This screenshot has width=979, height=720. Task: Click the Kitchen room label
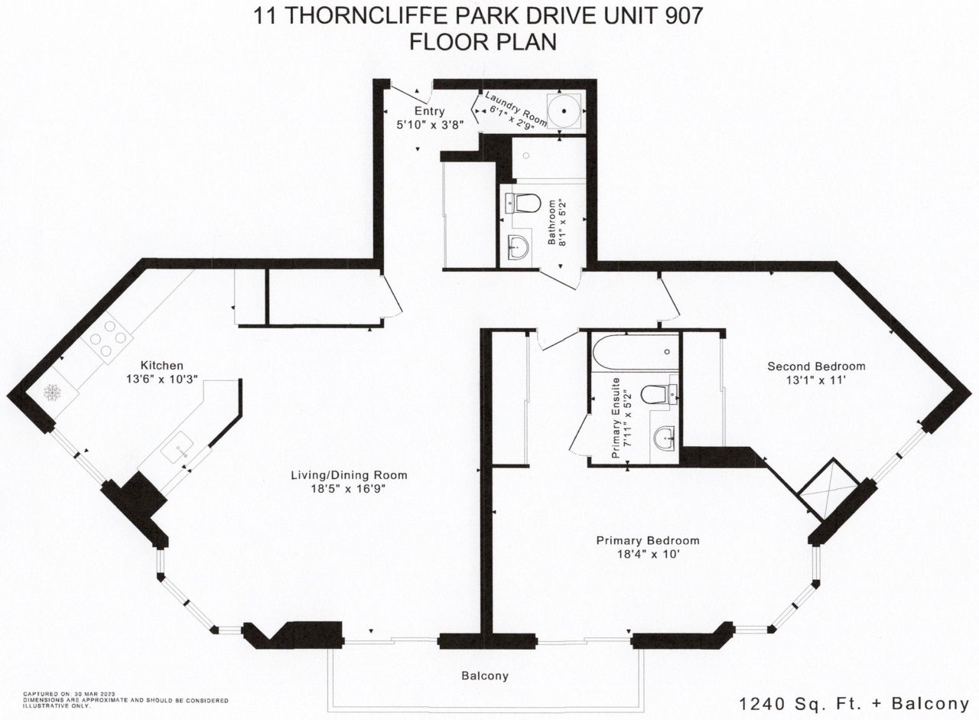pos(161,365)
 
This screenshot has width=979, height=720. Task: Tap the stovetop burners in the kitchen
pos(108,338)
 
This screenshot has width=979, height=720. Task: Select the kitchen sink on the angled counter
pos(177,447)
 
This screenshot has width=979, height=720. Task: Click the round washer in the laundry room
pos(564,111)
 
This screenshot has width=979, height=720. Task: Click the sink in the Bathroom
pos(519,248)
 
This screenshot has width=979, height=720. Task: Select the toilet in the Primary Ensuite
pos(659,395)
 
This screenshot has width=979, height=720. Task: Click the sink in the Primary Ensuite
pos(665,438)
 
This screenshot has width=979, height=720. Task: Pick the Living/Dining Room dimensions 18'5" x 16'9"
pos(348,489)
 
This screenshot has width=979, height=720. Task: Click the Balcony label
pos(485,676)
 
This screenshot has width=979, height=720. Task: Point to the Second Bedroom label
pos(816,366)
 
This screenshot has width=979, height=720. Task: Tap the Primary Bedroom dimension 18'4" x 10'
pos(648,554)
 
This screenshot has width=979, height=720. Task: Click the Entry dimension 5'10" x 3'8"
pos(430,125)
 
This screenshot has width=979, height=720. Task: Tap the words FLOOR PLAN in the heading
pos(483,42)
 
